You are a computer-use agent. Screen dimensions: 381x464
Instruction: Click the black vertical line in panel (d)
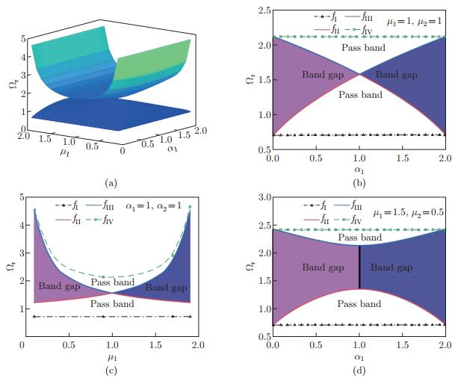(359, 267)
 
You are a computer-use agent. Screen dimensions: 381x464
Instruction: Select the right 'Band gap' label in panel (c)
(165, 286)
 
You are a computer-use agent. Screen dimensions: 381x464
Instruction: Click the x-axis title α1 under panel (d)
(359, 357)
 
